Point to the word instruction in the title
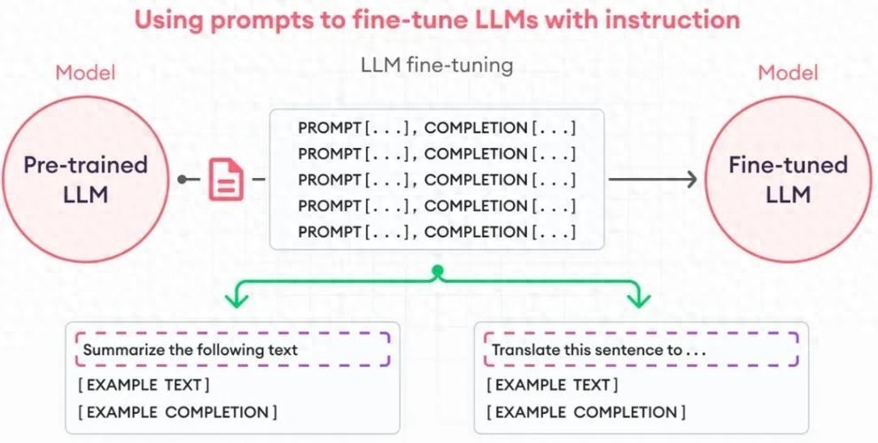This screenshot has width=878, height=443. pos(672,20)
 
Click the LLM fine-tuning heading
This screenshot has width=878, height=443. pos(437,66)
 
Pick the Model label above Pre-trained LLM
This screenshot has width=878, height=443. pos(85,73)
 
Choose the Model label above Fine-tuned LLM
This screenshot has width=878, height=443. pos(788,73)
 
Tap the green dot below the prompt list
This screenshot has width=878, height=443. pos(437,270)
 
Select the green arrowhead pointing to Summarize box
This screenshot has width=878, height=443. pos(235,301)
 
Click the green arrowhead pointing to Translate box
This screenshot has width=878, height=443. pos(639,301)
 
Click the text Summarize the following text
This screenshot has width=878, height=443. pos(190,350)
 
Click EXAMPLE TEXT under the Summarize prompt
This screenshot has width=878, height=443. pos(144,385)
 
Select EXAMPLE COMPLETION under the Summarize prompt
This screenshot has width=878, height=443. pos(177,412)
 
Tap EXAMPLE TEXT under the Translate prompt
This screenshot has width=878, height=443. pos(553,385)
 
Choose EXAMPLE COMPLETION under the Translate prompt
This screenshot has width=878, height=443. pos(586,412)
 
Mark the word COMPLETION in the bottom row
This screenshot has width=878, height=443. pos(476,232)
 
